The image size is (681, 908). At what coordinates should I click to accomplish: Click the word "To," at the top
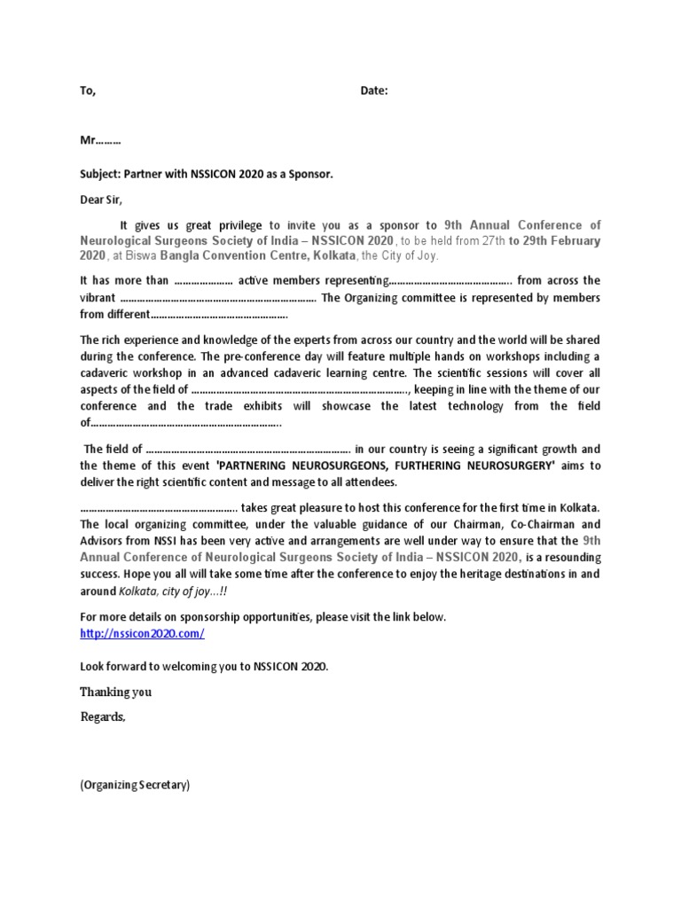88,91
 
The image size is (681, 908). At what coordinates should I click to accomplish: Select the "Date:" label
374,91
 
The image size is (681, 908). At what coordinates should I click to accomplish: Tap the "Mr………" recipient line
100,141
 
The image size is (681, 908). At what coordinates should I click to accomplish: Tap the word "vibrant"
97,298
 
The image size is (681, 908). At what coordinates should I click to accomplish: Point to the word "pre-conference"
243,356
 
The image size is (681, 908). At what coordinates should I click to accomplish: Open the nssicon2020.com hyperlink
143,633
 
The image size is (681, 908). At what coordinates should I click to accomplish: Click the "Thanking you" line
115,693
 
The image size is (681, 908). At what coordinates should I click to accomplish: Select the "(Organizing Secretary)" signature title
135,785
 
